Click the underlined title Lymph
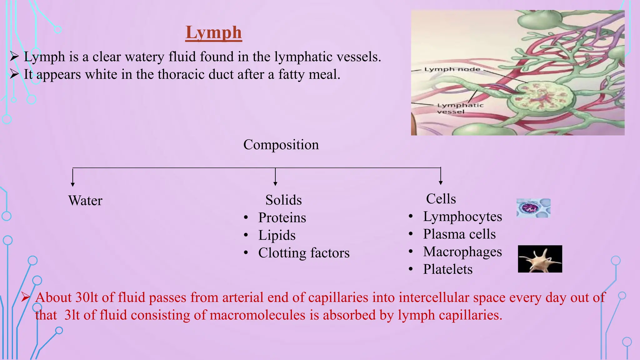213,32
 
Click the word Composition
281,145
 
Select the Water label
85,201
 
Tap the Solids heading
283,200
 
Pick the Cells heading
441,199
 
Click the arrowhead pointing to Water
73,184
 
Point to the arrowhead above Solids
275,184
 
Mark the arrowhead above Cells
441,183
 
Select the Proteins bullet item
282,217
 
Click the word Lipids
277,235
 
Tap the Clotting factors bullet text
304,253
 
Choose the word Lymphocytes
462,217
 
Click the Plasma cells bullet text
459,234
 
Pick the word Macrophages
462,252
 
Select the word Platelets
448,269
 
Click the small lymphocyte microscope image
533,208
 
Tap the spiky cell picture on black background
540,259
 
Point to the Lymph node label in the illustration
452,69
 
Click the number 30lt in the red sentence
87,297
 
